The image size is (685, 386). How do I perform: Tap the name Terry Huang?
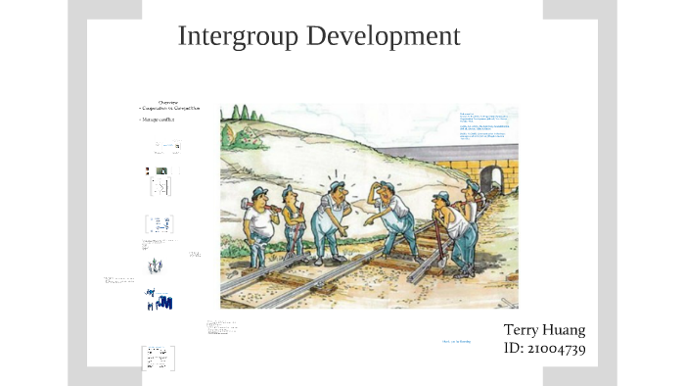[x=544, y=329]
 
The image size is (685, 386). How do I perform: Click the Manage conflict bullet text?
[x=158, y=120]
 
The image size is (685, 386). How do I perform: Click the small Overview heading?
[x=168, y=102]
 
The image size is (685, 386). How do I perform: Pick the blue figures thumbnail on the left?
[x=159, y=299]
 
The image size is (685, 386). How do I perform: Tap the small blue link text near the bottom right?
[x=456, y=341]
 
